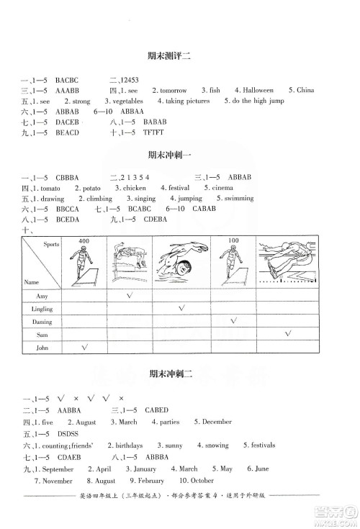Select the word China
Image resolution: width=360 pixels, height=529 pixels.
pyautogui.click(x=305, y=91)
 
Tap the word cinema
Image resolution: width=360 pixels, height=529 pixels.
pyautogui.click(x=225, y=188)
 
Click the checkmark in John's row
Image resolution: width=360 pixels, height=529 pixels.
pyautogui.click(x=84, y=346)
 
